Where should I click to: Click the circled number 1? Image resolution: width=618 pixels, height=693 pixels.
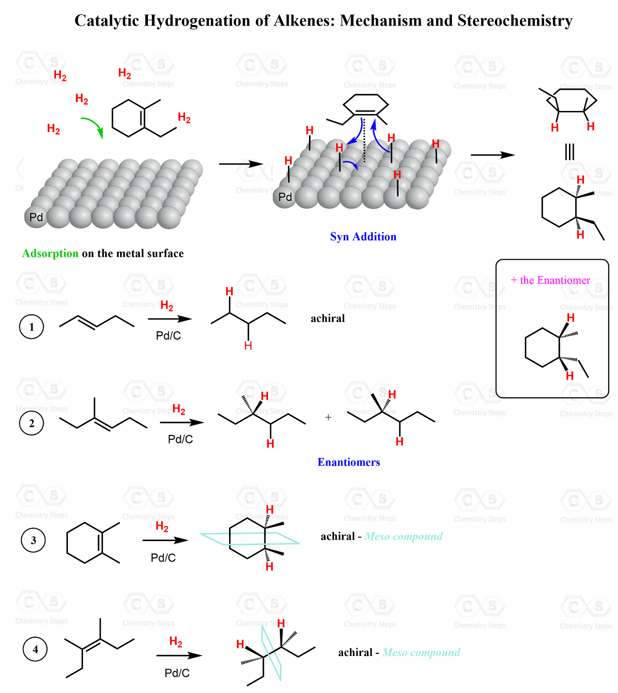pyautogui.click(x=31, y=327)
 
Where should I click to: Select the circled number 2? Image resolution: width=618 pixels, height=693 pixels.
pyautogui.click(x=31, y=423)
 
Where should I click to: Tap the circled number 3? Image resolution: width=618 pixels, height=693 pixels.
pyautogui.click(x=33, y=540)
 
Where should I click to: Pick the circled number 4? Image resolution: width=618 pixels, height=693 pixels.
pyautogui.click(x=35, y=649)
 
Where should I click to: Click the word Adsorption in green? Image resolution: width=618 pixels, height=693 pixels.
pyautogui.click(x=50, y=254)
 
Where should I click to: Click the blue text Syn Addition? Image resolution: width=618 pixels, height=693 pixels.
pyautogui.click(x=363, y=237)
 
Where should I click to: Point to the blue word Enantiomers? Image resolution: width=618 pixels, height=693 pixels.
pyautogui.click(x=349, y=462)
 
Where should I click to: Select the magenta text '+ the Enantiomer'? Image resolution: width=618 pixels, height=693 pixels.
pyautogui.click(x=550, y=280)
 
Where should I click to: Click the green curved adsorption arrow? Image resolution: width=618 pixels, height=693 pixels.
pyautogui.click(x=94, y=126)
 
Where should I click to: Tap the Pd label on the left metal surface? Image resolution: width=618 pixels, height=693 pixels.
pyautogui.click(x=36, y=217)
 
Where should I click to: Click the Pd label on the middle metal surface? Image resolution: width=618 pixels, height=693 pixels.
pyautogui.click(x=285, y=197)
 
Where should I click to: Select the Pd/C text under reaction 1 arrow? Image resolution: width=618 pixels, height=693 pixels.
pyautogui.click(x=169, y=336)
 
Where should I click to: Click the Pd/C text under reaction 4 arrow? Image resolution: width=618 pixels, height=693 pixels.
pyautogui.click(x=177, y=673)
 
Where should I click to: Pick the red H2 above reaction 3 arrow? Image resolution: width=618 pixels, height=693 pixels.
pyautogui.click(x=162, y=526)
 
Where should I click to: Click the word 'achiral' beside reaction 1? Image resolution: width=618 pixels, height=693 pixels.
pyautogui.click(x=328, y=319)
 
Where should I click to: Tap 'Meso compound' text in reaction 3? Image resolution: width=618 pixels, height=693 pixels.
pyautogui.click(x=403, y=537)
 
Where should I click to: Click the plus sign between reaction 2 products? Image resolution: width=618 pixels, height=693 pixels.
pyautogui.click(x=328, y=417)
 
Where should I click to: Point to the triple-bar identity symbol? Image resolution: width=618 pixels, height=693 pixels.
pyautogui.click(x=569, y=152)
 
